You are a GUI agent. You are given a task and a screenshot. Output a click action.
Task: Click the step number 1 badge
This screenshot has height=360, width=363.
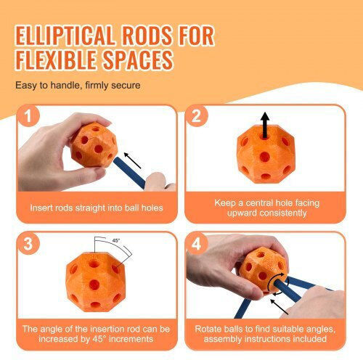tap(28, 116)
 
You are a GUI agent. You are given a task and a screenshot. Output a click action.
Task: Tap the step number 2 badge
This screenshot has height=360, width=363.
tap(196, 116)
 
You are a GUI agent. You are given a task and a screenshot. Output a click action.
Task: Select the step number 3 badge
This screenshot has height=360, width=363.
tap(28, 243)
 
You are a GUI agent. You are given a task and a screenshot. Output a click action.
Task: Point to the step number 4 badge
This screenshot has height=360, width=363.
tap(196, 243)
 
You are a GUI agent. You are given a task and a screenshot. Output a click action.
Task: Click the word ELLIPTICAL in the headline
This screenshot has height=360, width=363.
tap(65, 36)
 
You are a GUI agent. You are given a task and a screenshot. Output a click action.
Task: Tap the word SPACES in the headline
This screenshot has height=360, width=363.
tap(138, 60)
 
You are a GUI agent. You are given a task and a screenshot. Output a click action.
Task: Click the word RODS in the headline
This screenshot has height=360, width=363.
tap(147, 36)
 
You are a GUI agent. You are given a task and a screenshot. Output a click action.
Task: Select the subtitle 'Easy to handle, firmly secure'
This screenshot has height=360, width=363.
tap(78, 85)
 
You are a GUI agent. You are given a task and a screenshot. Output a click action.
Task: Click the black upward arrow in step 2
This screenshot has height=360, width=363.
tap(265, 126)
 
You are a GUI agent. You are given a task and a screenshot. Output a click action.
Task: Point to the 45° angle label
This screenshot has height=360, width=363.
tap(116, 240)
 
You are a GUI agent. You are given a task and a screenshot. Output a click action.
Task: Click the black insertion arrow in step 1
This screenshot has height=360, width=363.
tap(132, 160)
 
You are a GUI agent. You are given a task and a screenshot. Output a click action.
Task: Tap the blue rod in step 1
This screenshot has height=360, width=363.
tap(129, 173)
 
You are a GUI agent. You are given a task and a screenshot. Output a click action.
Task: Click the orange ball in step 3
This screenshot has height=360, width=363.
tap(96, 282)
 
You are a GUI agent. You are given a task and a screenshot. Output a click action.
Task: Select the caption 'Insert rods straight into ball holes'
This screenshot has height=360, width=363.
tap(97, 208)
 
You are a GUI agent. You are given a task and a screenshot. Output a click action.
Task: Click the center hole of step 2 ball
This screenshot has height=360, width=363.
tap(265, 157)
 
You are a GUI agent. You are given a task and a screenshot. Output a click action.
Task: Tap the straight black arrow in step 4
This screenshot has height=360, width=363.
tap(280, 307)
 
